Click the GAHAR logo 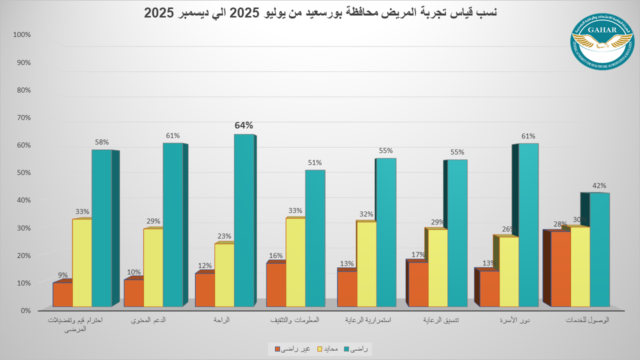click(x=604, y=41)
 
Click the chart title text click(x=320, y=13)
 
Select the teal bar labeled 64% click(x=244, y=220)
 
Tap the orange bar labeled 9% click(x=62, y=294)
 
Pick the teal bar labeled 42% click(x=599, y=249)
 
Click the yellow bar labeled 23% click(x=224, y=275)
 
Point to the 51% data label click(x=315, y=162)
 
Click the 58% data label click(x=101, y=142)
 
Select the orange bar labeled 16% click(x=276, y=284)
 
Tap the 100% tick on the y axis click(x=22, y=35)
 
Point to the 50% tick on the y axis click(x=23, y=172)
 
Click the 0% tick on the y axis click(x=25, y=310)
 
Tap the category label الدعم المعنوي click(x=148, y=320)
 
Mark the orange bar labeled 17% click(x=418, y=284)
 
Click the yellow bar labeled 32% click(x=366, y=264)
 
